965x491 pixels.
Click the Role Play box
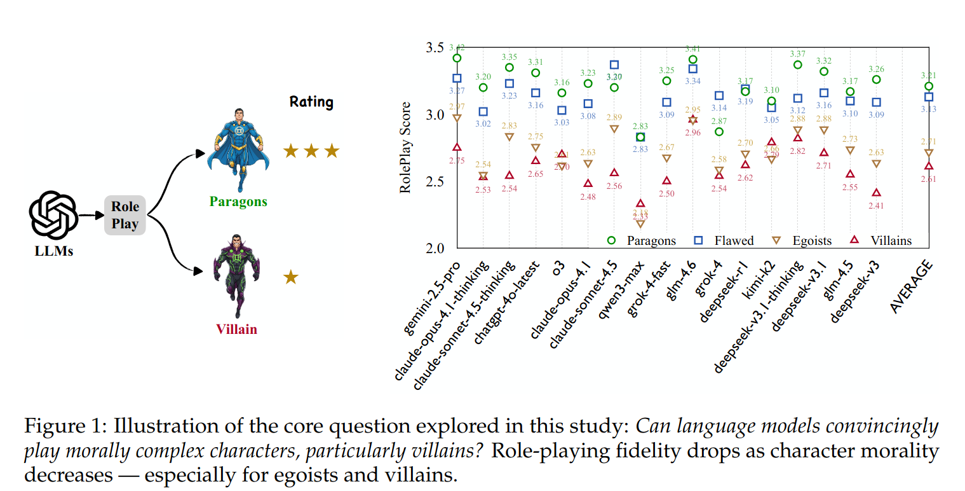pyautogui.click(x=125, y=216)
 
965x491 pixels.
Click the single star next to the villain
pyautogui.click(x=290, y=277)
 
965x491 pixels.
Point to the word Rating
pyautogui.click(x=311, y=102)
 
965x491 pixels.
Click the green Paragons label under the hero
pyautogui.click(x=238, y=202)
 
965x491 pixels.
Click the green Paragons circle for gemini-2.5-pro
pyautogui.click(x=457, y=59)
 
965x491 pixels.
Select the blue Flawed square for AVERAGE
pyautogui.click(x=929, y=97)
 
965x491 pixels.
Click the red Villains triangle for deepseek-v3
pyautogui.click(x=877, y=193)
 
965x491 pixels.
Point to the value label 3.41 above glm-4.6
pyautogui.click(x=693, y=48)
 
